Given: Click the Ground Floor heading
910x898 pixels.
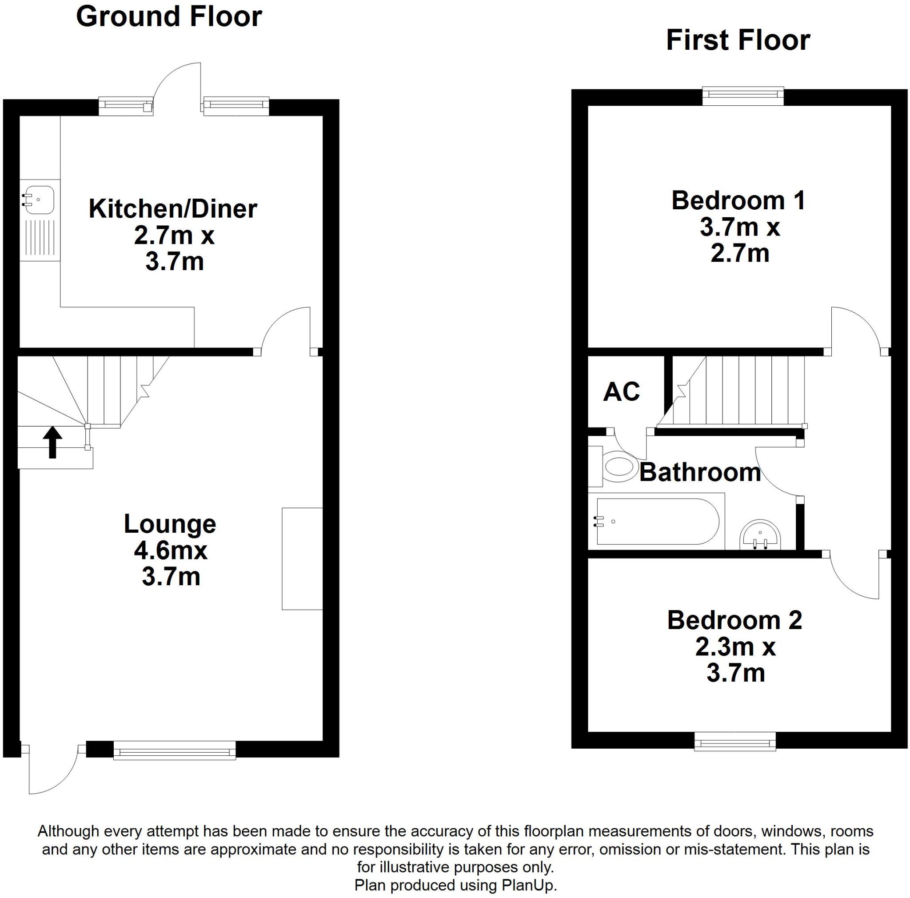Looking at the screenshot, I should pyautogui.click(x=168, y=17).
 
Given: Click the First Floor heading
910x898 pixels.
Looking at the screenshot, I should pyautogui.click(x=738, y=40).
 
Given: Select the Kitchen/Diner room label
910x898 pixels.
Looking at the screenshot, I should pyautogui.click(x=173, y=209).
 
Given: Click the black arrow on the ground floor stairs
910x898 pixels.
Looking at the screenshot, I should pyautogui.click(x=52, y=442).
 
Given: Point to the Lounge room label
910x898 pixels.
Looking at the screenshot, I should pyautogui.click(x=170, y=524).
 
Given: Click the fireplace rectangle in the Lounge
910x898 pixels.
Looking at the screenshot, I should pyautogui.click(x=302, y=559).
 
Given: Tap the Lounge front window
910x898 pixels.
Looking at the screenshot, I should pyautogui.click(x=174, y=750).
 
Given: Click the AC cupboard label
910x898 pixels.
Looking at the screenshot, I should pyautogui.click(x=621, y=391).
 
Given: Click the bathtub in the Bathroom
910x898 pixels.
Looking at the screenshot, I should pyautogui.click(x=657, y=521).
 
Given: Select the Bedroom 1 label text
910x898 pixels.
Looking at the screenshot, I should pyautogui.click(x=738, y=201).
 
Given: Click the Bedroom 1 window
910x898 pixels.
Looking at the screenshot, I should pyautogui.click(x=743, y=96).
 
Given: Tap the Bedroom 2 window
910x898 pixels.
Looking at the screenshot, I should pyautogui.click(x=735, y=741).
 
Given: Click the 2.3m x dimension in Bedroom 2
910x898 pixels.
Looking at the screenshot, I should pyautogui.click(x=735, y=647).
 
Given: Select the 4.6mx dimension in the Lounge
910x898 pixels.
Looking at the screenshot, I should pyautogui.click(x=171, y=551).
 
